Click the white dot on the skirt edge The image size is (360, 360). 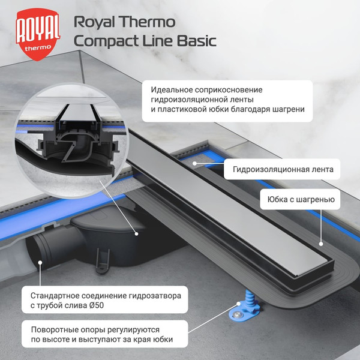pyautogui.click(x=320, y=244)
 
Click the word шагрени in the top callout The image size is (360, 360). pyautogui.click(x=287, y=109)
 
